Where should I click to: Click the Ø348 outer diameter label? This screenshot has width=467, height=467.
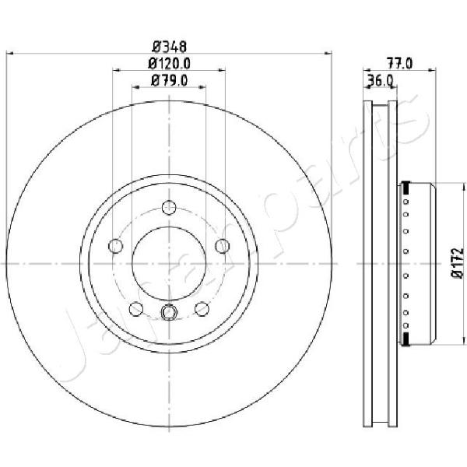tap(169, 47)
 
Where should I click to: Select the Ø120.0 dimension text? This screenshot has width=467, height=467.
tap(169, 63)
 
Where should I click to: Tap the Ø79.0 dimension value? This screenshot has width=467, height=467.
tap(169, 80)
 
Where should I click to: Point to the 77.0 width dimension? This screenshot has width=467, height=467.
tap(399, 64)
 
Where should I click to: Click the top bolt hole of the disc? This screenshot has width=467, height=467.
tap(169, 208)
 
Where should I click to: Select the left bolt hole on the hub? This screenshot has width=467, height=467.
tap(116, 246)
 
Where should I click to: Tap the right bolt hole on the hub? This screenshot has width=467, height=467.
tap(222, 246)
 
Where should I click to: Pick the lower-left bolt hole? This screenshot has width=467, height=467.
tap(136, 309)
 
